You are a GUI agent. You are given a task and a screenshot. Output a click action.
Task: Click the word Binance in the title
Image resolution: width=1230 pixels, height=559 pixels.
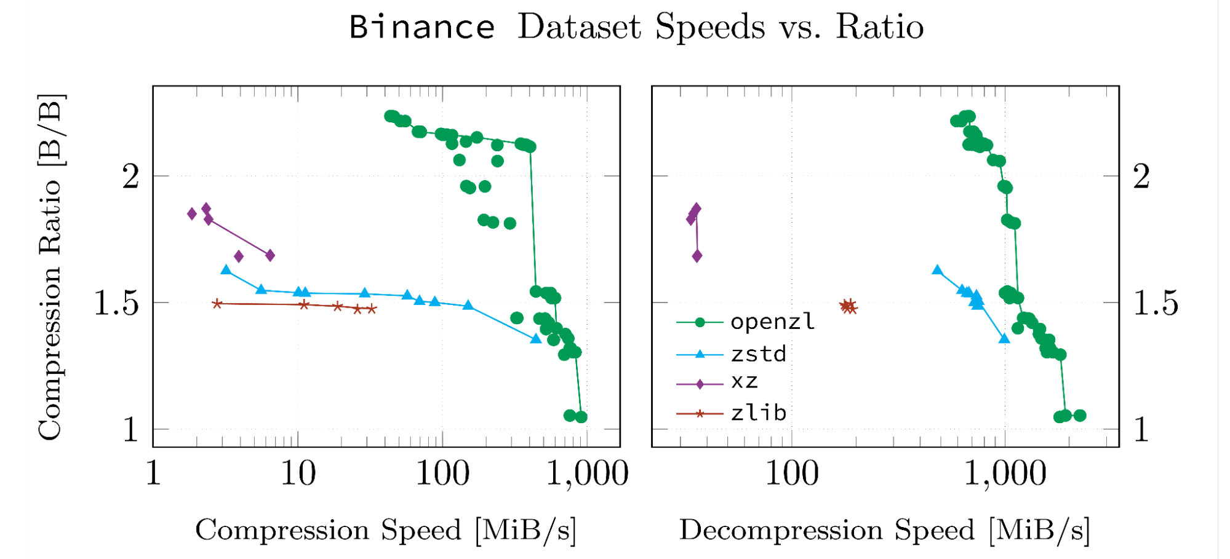pyautogui.click(x=422, y=27)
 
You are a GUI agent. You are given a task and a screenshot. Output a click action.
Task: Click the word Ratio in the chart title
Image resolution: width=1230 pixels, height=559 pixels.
pyautogui.click(x=879, y=27)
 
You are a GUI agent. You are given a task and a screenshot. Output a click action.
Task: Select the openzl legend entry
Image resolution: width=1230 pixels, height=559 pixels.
pyautogui.click(x=772, y=322)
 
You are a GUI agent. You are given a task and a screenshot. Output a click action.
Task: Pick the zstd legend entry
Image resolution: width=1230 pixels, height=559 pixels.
pyautogui.click(x=758, y=354)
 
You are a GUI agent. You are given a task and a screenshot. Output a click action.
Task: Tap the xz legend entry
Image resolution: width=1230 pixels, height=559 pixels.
pyautogui.click(x=744, y=383)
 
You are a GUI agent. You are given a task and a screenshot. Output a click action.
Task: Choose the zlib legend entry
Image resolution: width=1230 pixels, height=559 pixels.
pyautogui.click(x=758, y=413)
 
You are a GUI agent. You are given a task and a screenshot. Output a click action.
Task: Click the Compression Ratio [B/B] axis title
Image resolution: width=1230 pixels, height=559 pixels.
pyautogui.click(x=50, y=267)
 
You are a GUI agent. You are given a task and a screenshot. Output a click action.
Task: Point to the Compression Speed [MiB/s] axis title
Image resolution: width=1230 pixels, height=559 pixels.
pyautogui.click(x=386, y=529)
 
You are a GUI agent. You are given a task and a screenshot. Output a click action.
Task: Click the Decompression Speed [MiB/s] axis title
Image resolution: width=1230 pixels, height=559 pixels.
pyautogui.click(x=884, y=529)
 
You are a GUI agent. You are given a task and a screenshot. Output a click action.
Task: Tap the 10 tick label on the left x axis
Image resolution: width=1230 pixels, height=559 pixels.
pyautogui.click(x=298, y=474)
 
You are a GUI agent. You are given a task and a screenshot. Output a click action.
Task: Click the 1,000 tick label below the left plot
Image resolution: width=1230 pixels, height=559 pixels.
pyautogui.click(x=587, y=474)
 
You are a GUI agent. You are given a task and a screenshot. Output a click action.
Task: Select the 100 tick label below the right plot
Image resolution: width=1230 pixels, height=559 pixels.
pyautogui.click(x=791, y=474)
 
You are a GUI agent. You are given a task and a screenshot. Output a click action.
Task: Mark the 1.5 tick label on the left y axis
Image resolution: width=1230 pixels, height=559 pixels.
pyautogui.click(x=116, y=303)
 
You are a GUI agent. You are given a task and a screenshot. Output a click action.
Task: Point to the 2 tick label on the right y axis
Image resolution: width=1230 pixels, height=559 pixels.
pyautogui.click(x=1141, y=177)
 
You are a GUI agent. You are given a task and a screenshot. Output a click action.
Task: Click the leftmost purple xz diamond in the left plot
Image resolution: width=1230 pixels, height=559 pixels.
pyautogui.click(x=192, y=213)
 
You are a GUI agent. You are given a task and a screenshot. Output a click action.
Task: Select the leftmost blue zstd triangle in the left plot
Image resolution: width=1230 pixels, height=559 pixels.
pyautogui.click(x=226, y=270)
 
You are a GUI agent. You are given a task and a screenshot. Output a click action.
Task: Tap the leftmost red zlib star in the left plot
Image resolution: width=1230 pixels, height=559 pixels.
pyautogui.click(x=217, y=304)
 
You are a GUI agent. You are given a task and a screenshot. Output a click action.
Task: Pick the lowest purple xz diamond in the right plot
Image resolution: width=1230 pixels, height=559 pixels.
pyautogui.click(x=697, y=256)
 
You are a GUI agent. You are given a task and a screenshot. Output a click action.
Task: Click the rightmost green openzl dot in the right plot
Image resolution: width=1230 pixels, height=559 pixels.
pyautogui.click(x=1079, y=416)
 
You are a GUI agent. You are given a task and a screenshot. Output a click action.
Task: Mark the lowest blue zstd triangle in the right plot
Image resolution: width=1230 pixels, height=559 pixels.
pyautogui.click(x=1004, y=339)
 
